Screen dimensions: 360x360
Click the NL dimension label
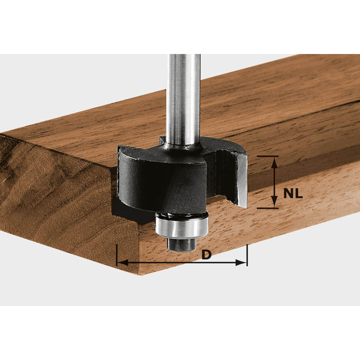[293, 194]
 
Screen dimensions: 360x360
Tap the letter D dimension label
[206, 255]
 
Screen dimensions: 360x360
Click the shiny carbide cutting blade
[241, 180]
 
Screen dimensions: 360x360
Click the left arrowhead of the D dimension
[121, 262]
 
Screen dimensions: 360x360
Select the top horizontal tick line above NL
[268, 156]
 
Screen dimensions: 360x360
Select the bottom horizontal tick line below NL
[268, 208]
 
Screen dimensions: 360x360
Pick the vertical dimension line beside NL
[274, 182]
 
